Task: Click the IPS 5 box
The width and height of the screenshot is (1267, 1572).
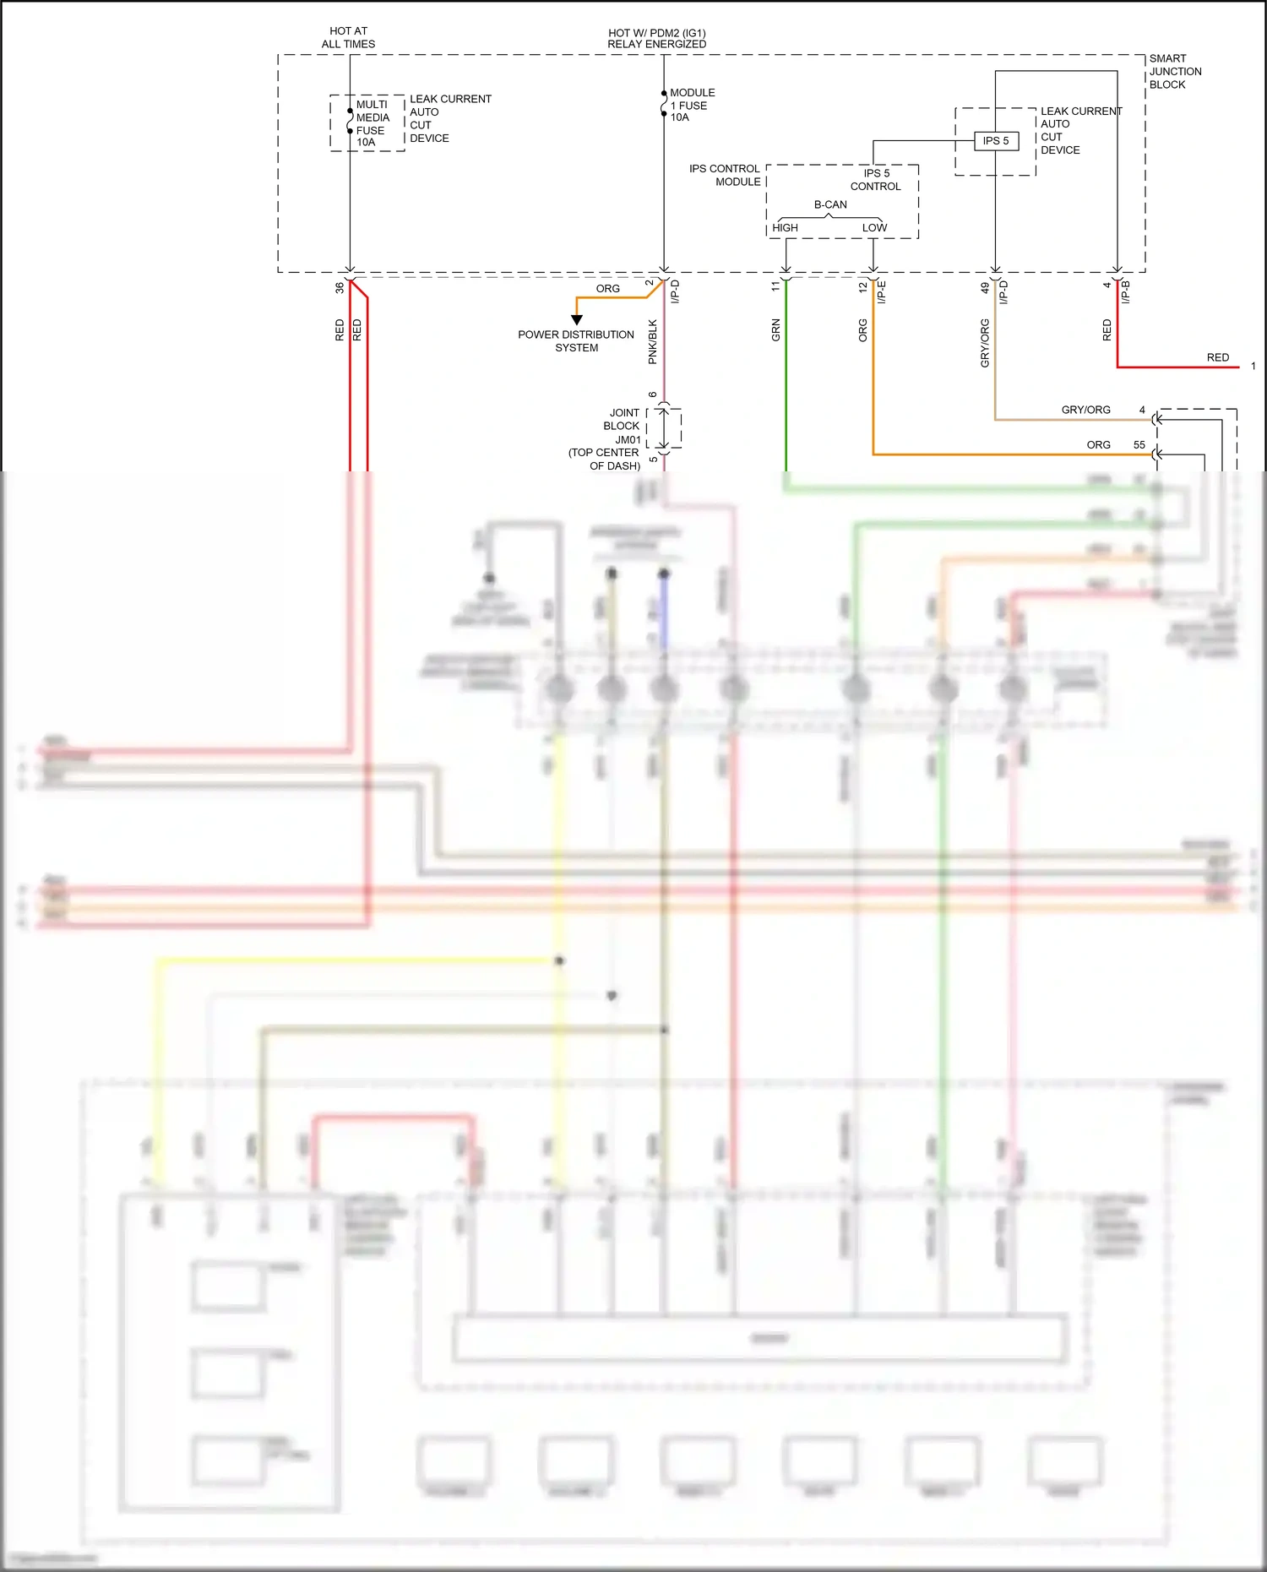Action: click(x=995, y=141)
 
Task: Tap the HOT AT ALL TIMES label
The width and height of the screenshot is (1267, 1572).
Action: click(x=348, y=37)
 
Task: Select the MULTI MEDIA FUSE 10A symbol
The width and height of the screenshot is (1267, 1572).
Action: click(x=350, y=121)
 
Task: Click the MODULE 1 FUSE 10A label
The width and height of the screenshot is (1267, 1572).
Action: click(x=692, y=105)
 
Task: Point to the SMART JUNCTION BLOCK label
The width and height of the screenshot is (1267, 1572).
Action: click(x=1174, y=72)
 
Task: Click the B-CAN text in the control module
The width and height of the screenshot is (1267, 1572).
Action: click(x=830, y=204)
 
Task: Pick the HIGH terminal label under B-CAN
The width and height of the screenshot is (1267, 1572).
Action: click(x=785, y=227)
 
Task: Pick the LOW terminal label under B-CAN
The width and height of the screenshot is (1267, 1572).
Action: click(x=874, y=227)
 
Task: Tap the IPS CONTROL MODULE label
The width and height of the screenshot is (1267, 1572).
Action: click(x=726, y=175)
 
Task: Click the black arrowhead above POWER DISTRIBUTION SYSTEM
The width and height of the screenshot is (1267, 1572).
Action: click(x=577, y=320)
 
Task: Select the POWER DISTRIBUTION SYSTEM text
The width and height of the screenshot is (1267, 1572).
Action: click(x=576, y=341)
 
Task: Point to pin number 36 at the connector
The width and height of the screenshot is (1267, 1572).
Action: click(x=340, y=287)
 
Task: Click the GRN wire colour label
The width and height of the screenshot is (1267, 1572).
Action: click(x=775, y=330)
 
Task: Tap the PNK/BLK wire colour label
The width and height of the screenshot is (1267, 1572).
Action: click(x=652, y=341)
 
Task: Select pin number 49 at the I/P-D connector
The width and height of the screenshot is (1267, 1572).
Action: click(x=985, y=287)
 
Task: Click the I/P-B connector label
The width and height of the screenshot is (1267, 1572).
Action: click(x=1125, y=292)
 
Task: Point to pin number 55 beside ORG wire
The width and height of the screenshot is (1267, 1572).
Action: click(x=1139, y=444)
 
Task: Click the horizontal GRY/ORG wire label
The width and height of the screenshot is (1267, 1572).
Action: click(x=1085, y=410)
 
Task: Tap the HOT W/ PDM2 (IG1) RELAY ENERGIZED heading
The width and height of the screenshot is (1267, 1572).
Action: click(x=656, y=39)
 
